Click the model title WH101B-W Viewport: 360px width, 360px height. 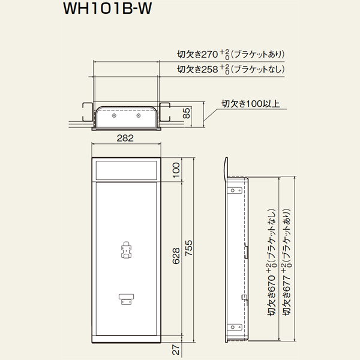(107, 9)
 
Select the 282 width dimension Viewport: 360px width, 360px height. (125, 138)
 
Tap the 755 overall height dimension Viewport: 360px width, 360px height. (189, 248)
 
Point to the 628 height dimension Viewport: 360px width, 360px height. (176, 256)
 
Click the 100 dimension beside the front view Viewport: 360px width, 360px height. (176, 170)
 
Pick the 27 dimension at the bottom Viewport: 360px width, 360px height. (176, 349)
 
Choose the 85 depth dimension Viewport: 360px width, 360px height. (187, 113)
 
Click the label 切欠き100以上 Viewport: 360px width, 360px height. (250, 104)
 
